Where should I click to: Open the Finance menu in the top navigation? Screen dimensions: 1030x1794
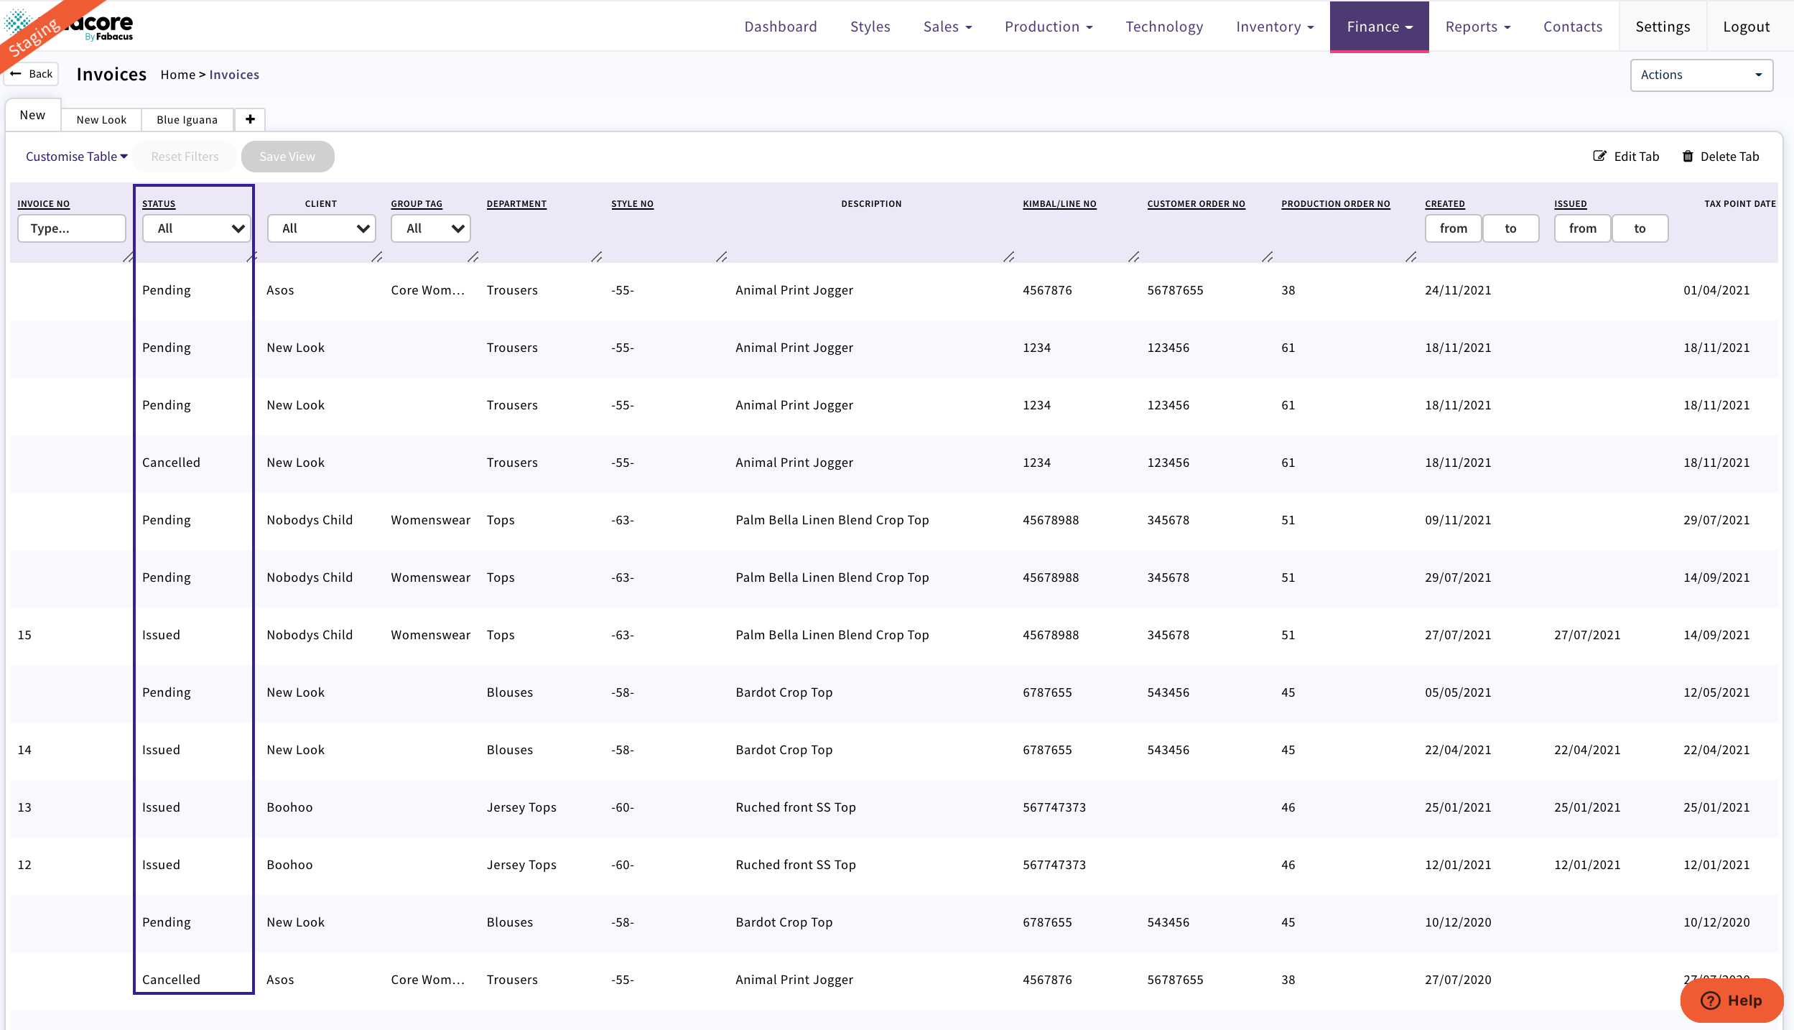click(1378, 27)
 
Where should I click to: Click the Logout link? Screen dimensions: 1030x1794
click(1746, 27)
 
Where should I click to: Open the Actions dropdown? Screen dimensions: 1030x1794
click(1700, 75)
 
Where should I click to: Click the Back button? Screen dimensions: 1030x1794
click(32, 74)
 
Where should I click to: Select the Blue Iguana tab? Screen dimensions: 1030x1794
click(187, 119)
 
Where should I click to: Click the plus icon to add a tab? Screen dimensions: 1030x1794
click(250, 119)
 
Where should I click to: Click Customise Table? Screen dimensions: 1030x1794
click(76, 157)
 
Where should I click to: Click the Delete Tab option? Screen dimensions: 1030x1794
click(1721, 157)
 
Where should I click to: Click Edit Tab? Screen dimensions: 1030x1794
click(1627, 157)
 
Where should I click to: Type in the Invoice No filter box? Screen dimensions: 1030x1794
click(71, 228)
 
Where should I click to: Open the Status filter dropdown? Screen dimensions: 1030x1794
click(196, 228)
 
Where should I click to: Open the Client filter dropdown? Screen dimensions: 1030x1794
click(321, 228)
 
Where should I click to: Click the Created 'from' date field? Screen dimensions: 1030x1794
click(1453, 228)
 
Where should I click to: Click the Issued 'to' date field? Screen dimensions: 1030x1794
click(1640, 228)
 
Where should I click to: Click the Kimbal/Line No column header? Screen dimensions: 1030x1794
click(1059, 204)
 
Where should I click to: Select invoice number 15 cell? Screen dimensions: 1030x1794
click(25, 635)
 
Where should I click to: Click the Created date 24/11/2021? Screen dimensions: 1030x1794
click(1458, 290)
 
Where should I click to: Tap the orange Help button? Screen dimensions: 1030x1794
click(1731, 1000)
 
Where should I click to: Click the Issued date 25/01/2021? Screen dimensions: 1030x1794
click(1587, 807)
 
